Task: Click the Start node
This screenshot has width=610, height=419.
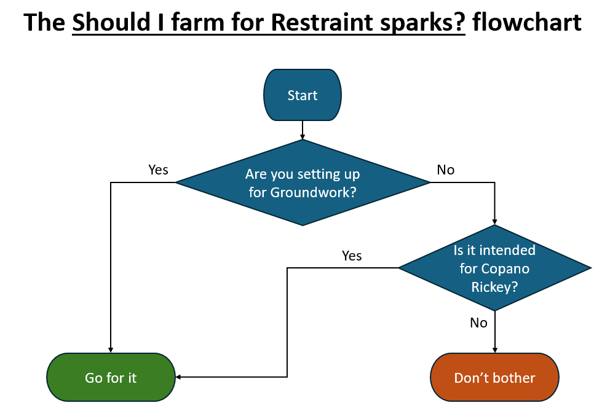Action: (x=303, y=95)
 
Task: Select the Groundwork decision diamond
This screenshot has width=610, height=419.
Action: (x=303, y=182)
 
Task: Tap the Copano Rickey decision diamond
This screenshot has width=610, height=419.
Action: (x=494, y=268)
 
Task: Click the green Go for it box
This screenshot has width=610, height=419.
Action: (x=111, y=377)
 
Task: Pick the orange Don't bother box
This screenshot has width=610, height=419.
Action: (x=494, y=377)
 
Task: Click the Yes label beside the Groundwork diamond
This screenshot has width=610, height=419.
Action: (x=158, y=170)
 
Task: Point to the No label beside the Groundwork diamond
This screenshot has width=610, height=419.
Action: (x=445, y=170)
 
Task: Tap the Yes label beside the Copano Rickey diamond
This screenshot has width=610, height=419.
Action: (x=352, y=256)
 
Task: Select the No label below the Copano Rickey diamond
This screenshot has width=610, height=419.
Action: (x=478, y=323)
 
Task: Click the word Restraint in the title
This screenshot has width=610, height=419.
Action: (x=322, y=22)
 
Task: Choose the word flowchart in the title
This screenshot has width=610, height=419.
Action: (x=527, y=22)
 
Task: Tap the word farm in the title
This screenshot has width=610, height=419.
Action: (x=198, y=22)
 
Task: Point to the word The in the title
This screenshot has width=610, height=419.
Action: (x=44, y=22)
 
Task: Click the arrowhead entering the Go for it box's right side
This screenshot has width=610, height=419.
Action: (x=178, y=377)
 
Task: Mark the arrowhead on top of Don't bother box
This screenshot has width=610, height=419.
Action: (x=495, y=350)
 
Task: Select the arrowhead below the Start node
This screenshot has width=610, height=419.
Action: (x=303, y=137)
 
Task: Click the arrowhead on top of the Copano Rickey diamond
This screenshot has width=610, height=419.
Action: (x=495, y=222)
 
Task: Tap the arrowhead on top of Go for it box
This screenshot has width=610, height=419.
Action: (x=111, y=350)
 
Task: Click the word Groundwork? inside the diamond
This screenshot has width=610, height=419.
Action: (x=303, y=192)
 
